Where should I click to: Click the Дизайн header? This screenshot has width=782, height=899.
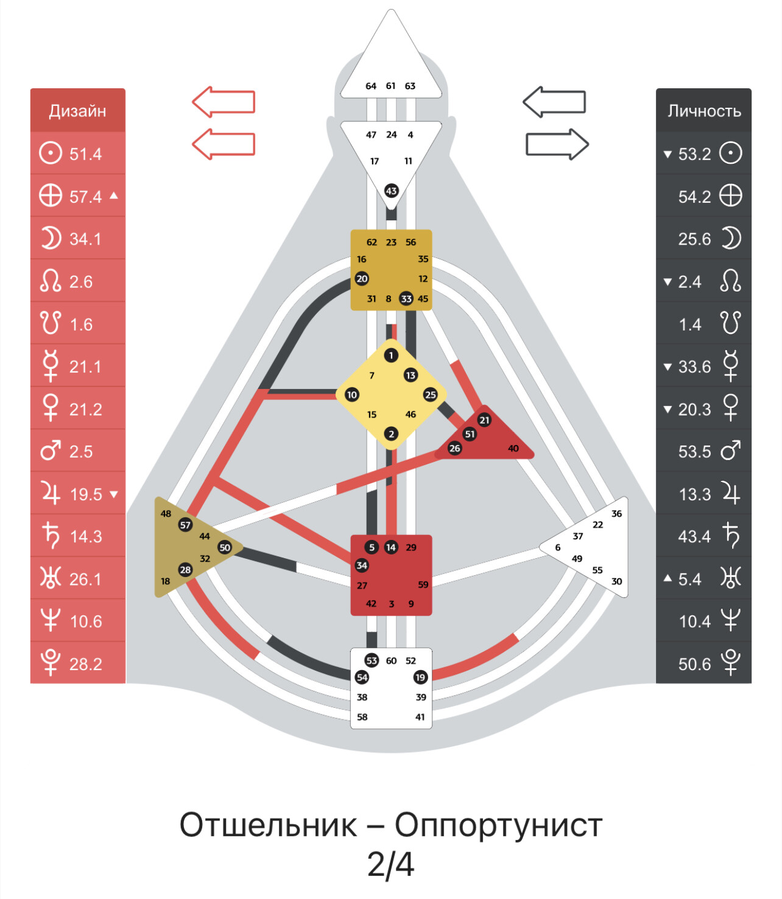77,111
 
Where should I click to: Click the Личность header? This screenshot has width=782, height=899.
703,111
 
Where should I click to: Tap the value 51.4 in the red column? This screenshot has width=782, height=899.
85,154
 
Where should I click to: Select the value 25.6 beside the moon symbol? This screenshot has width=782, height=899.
694,239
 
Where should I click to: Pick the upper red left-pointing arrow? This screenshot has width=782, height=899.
224,102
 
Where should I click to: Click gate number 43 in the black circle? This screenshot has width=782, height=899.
391,191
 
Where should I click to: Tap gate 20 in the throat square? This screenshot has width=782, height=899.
362,279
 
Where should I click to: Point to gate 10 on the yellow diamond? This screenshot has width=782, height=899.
352,395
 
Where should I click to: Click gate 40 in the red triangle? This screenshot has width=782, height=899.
513,449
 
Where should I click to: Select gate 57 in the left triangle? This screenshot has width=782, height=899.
185,525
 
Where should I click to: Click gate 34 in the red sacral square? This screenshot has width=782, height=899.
362,565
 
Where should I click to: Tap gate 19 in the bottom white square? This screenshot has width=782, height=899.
420,677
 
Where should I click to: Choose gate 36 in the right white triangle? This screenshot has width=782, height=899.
616,514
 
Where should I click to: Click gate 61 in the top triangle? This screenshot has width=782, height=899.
390,86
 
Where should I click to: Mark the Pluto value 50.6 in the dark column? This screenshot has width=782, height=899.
694,664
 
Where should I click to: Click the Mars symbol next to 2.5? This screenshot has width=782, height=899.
50,452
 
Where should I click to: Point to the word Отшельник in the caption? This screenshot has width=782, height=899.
268,825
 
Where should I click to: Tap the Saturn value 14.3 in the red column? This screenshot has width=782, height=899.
85,537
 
